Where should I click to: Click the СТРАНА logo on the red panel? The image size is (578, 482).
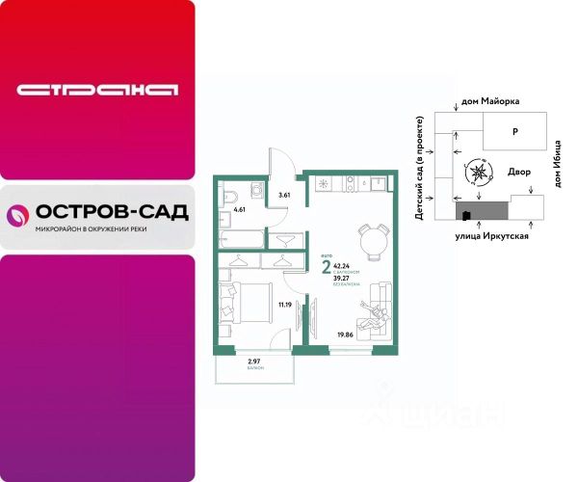point(97,91)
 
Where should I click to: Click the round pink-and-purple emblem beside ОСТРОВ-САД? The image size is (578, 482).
point(17,216)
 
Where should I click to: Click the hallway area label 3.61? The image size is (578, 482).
point(283,196)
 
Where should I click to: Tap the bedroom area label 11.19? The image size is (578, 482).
point(283,305)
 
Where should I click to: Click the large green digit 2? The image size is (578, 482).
point(328,268)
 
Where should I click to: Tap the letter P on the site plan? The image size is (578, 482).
point(515,130)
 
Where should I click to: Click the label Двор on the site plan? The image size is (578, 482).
point(519,170)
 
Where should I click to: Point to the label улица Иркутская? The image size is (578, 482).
point(494,234)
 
